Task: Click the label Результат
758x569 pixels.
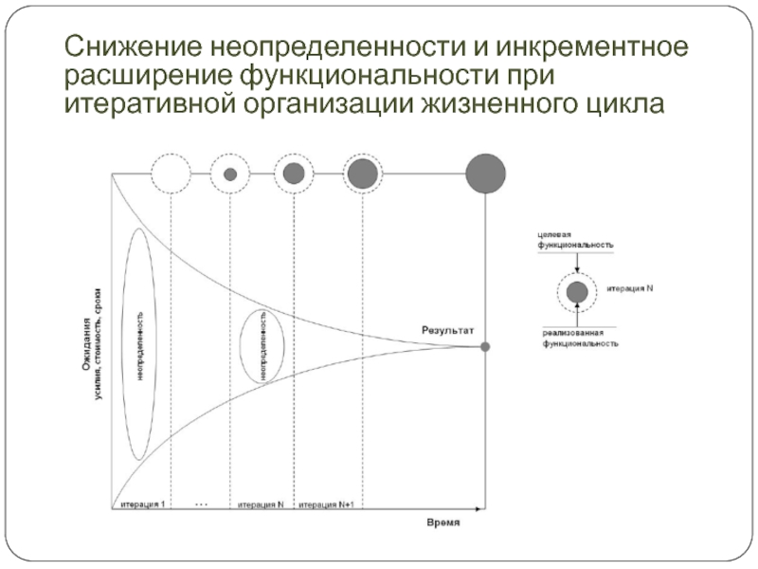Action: (447, 329)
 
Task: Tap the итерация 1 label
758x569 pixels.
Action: (142, 504)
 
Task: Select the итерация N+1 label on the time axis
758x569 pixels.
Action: (327, 504)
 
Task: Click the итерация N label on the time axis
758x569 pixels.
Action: (261, 504)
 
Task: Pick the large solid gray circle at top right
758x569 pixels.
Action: (485, 174)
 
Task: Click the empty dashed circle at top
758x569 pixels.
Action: (171, 174)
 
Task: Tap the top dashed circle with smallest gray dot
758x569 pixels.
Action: (230, 174)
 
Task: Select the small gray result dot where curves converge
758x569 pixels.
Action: (485, 348)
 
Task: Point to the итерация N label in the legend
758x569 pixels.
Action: (630, 288)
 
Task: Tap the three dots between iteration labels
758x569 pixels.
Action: (201, 504)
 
